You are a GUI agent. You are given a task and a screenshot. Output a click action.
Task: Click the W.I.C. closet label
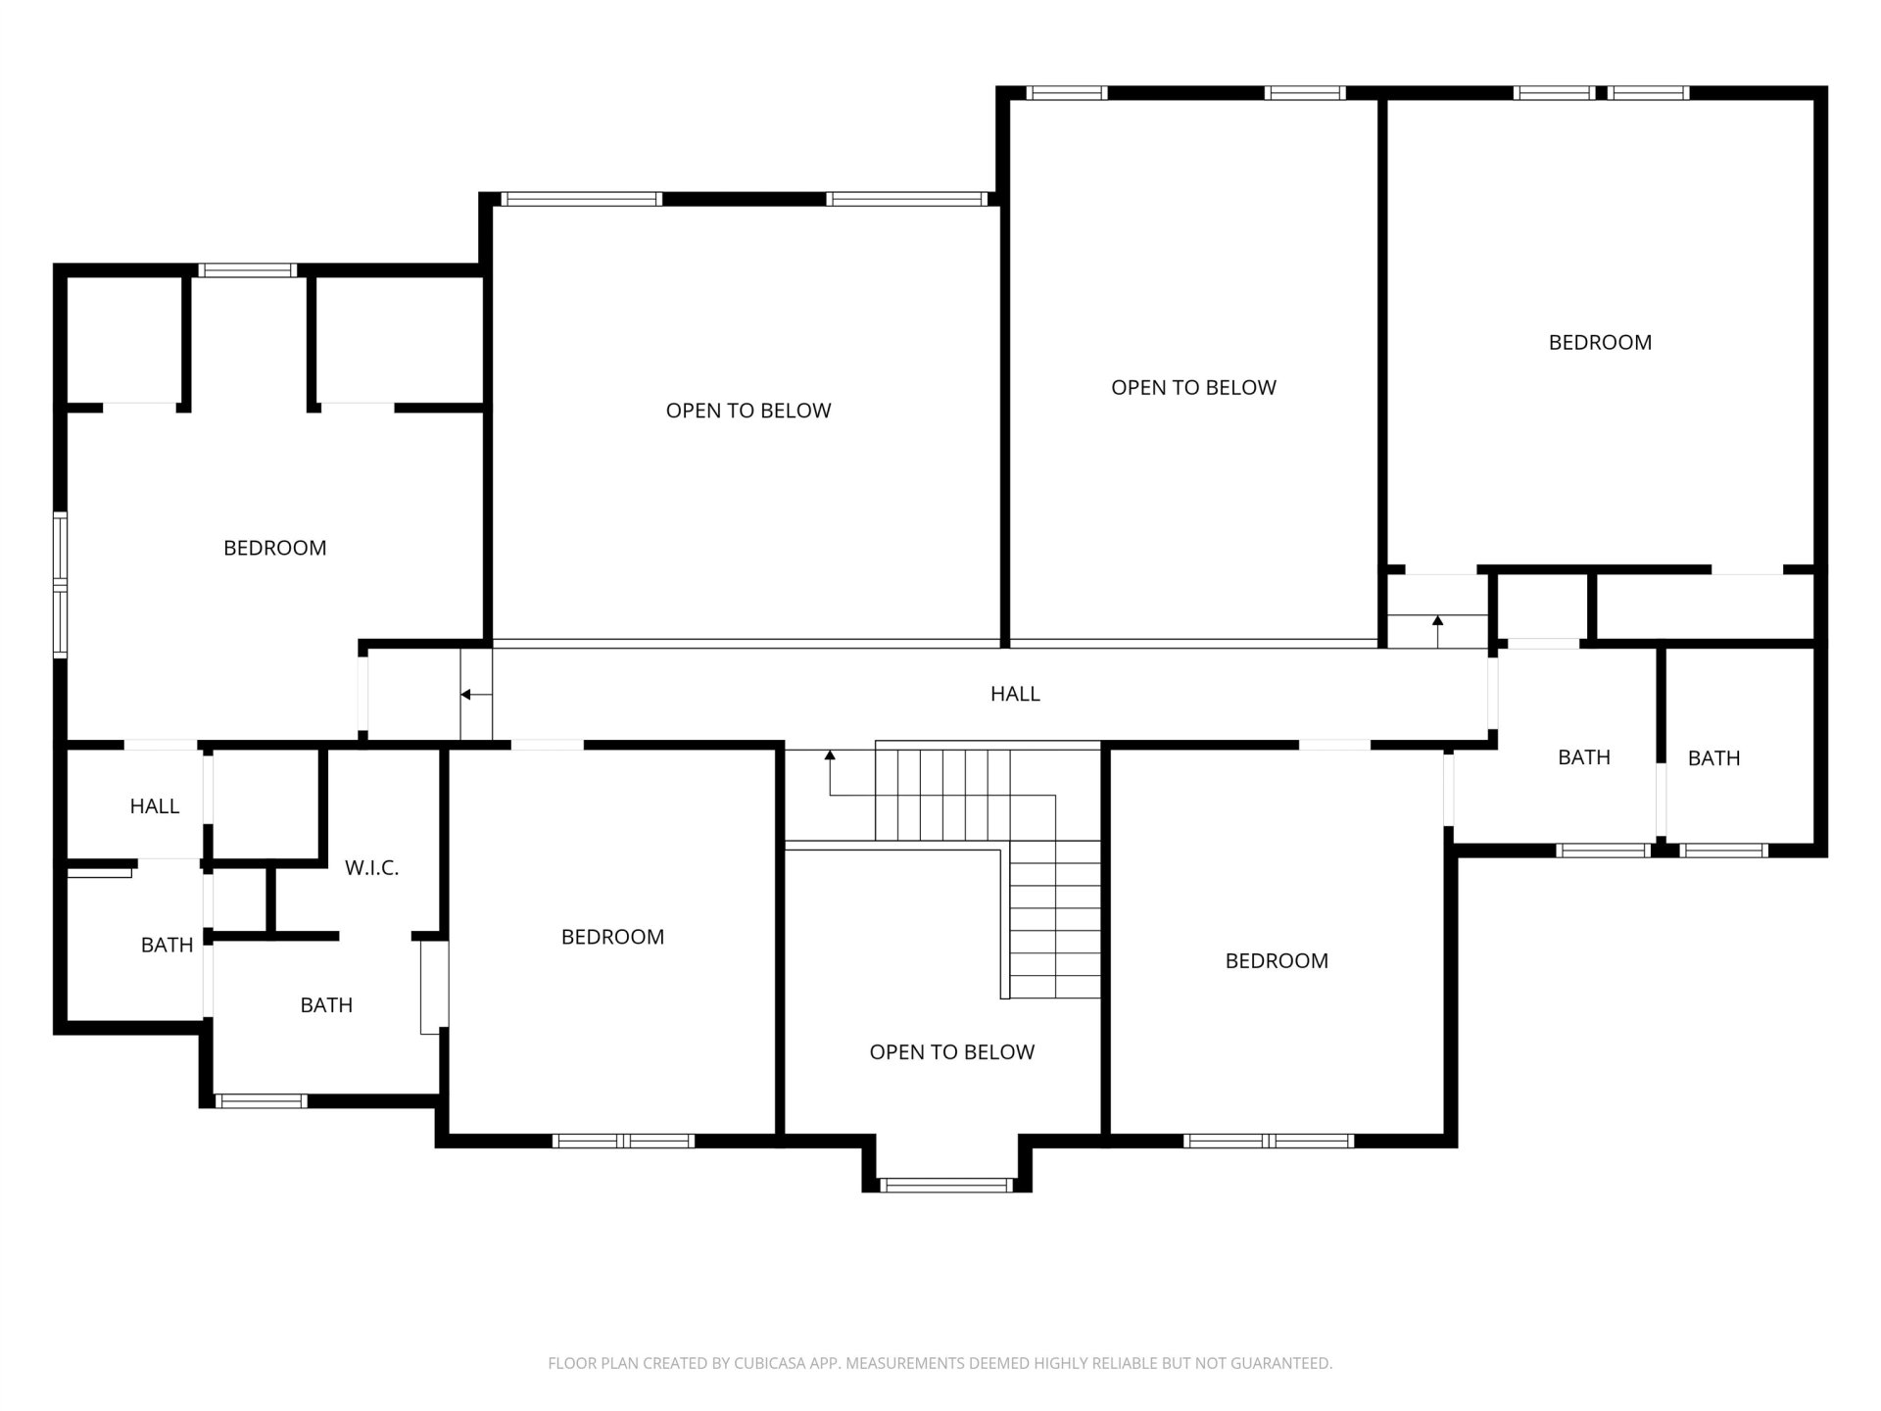pos(371,868)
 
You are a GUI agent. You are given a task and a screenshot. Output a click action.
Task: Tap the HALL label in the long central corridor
pos(1015,694)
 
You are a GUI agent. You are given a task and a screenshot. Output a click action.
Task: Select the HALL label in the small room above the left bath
pos(155,806)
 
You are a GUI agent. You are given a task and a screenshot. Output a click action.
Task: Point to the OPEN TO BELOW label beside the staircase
pos(951,1052)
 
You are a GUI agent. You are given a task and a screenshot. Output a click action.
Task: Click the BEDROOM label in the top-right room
pos(1600,343)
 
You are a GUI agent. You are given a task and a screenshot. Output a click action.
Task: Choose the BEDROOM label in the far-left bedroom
pos(275,549)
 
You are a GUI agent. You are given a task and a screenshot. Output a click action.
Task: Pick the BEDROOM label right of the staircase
pos(1277,961)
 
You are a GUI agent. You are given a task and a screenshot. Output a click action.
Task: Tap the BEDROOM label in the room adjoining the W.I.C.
pos(612,938)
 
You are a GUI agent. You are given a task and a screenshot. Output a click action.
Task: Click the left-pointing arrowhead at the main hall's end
pos(466,695)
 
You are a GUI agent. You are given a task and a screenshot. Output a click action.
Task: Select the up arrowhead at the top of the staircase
pos(830,755)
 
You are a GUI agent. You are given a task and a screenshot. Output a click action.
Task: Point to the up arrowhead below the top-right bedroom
pos(1437,620)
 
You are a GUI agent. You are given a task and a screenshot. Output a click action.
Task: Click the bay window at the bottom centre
pos(946,1186)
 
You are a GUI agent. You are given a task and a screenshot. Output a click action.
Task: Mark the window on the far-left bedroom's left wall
pos(60,584)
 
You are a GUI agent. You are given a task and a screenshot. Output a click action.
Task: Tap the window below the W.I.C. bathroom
pos(261,1101)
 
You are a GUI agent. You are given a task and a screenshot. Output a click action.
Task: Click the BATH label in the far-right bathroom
pos(1713,758)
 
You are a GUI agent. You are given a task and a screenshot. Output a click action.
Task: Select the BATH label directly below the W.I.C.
pos(326,1005)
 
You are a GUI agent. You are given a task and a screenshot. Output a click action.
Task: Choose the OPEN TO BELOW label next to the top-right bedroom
pos(1193,388)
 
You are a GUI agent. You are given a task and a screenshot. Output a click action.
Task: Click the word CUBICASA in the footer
pos(768,1363)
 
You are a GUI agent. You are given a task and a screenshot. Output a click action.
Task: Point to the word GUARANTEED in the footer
pos(1286,1363)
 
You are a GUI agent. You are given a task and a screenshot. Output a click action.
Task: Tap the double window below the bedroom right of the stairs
pos(1269,1141)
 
